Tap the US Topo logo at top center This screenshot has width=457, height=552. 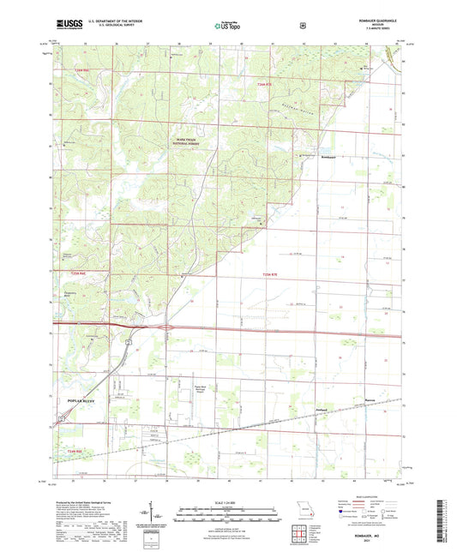click(x=227, y=27)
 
